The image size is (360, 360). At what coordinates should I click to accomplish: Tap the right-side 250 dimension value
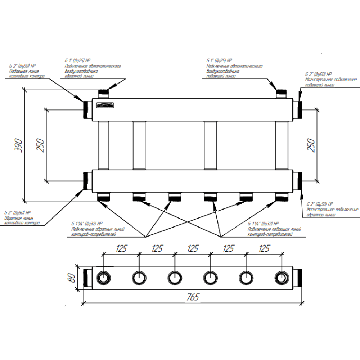[x=312, y=145]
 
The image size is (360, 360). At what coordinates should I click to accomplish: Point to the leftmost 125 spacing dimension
[x=122, y=248]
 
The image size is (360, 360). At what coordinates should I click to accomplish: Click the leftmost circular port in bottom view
[x=104, y=278]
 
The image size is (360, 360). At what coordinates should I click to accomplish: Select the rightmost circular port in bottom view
[x=282, y=278]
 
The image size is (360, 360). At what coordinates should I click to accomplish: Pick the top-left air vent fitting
[x=104, y=94]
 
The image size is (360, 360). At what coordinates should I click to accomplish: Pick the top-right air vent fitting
[x=282, y=94]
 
